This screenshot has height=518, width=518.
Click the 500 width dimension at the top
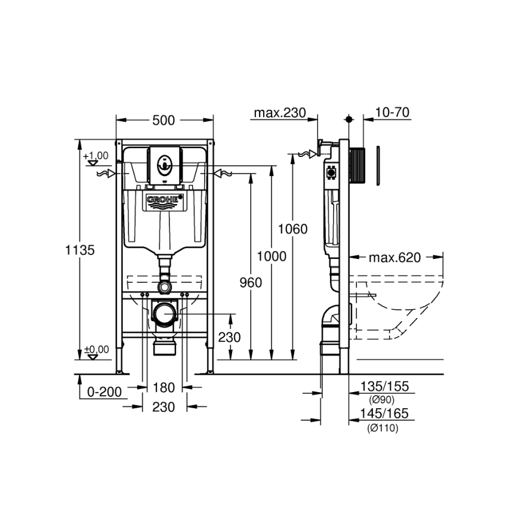pyautogui.click(x=164, y=120)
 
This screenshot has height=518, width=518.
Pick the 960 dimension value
pyautogui.click(x=251, y=283)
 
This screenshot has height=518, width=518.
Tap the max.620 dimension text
pyautogui.click(x=394, y=258)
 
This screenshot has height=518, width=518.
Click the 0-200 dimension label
pyautogui.click(x=104, y=391)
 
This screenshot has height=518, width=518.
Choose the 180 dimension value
pyautogui.click(x=164, y=388)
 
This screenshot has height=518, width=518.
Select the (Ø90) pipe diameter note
pyautogui.click(x=382, y=399)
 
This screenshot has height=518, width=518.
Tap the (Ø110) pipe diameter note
pyautogui.click(x=383, y=427)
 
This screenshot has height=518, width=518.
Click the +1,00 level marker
pyautogui.click(x=96, y=156)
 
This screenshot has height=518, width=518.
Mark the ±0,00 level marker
pyautogui.click(x=97, y=350)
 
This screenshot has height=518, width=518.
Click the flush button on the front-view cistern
pyautogui.click(x=164, y=164)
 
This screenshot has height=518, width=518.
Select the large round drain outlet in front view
pyautogui.click(x=164, y=312)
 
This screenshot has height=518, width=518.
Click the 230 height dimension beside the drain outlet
pyautogui.click(x=229, y=337)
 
